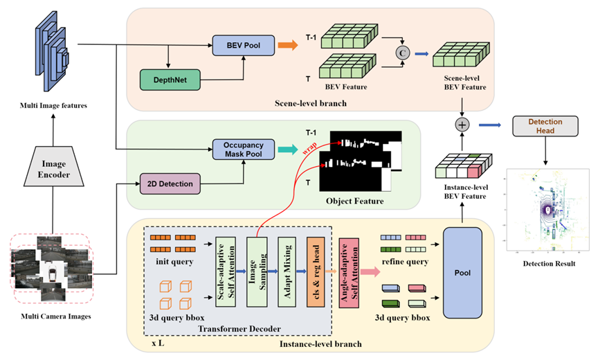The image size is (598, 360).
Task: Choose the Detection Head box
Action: click(545, 126)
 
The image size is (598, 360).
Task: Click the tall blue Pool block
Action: click(462, 273)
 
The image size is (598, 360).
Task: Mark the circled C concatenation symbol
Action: click(400, 51)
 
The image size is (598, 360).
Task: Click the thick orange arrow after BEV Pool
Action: click(287, 46)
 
